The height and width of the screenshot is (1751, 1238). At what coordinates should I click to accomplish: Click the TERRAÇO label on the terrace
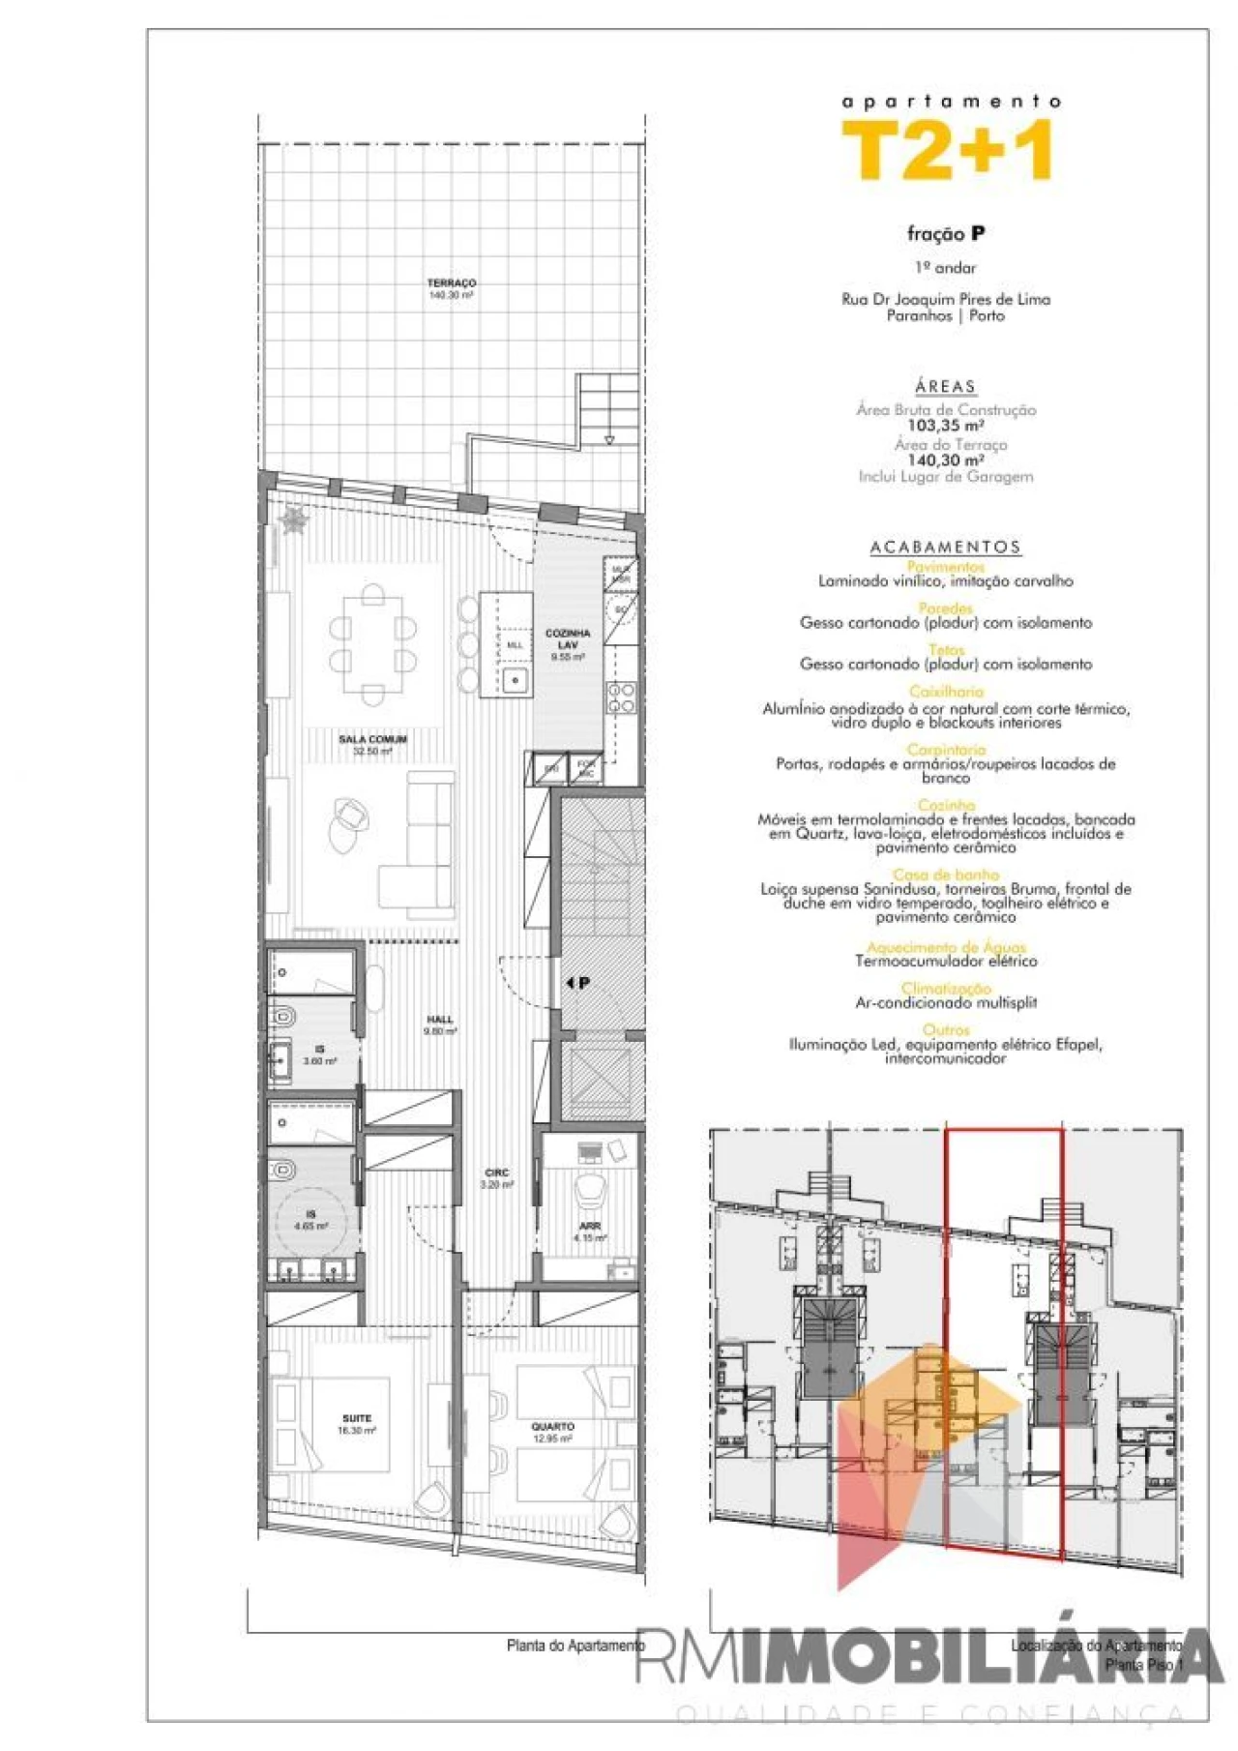point(452,283)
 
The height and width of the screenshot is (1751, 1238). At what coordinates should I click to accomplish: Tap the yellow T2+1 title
point(948,152)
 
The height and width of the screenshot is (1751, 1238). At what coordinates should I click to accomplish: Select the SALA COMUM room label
point(372,740)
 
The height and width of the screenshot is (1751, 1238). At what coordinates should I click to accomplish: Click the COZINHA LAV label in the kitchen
point(568,638)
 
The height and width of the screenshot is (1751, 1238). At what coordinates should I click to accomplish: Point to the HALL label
point(440,1020)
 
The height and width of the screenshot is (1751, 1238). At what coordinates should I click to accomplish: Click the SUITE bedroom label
point(356,1418)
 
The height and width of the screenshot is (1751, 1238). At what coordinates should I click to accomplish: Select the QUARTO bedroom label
point(552,1427)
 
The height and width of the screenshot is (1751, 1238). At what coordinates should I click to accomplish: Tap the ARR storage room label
point(589,1227)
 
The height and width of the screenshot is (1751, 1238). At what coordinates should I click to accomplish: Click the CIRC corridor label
point(497,1172)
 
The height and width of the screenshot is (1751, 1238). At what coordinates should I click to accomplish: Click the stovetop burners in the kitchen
point(620,698)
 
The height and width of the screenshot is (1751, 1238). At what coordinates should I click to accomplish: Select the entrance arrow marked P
point(578,983)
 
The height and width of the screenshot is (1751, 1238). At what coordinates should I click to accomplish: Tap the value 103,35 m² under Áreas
point(945,426)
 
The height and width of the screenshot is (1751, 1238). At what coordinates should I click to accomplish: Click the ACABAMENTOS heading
point(945,548)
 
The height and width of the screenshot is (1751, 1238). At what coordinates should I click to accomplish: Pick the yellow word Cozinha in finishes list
point(946,805)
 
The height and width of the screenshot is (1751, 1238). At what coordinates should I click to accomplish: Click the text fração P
point(945,233)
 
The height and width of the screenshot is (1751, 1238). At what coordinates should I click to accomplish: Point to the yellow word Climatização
point(946,989)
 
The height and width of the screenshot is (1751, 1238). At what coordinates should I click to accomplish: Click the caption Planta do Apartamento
point(575,1646)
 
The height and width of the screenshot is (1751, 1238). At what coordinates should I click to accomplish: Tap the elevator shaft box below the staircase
point(600,1076)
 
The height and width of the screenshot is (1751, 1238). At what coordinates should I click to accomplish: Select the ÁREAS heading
point(945,387)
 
